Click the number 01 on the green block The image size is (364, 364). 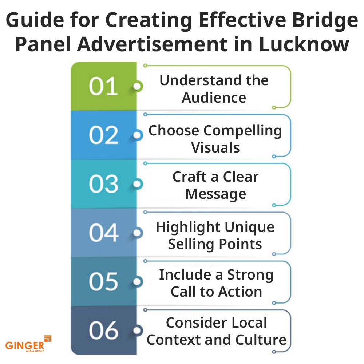tap(103, 87)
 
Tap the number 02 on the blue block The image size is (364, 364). tap(103, 135)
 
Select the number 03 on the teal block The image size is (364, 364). tap(103, 184)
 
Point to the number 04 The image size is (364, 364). tap(103, 233)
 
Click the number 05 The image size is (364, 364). tap(103, 282)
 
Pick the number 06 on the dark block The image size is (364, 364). tap(103, 331)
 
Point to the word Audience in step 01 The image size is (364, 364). tap(214, 98)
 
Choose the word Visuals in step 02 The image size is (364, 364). tap(215, 147)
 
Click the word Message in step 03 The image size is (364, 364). tap(215, 194)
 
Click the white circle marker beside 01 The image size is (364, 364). tap(137, 87)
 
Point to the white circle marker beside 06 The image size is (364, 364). tap(137, 331)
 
